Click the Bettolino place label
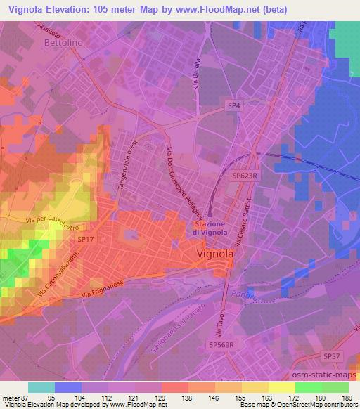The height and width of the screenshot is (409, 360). (x=64, y=43)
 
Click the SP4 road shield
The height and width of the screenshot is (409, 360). (x=233, y=105)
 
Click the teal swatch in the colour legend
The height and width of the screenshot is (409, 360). (x=41, y=387)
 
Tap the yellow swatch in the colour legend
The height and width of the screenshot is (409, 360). (x=281, y=387)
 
